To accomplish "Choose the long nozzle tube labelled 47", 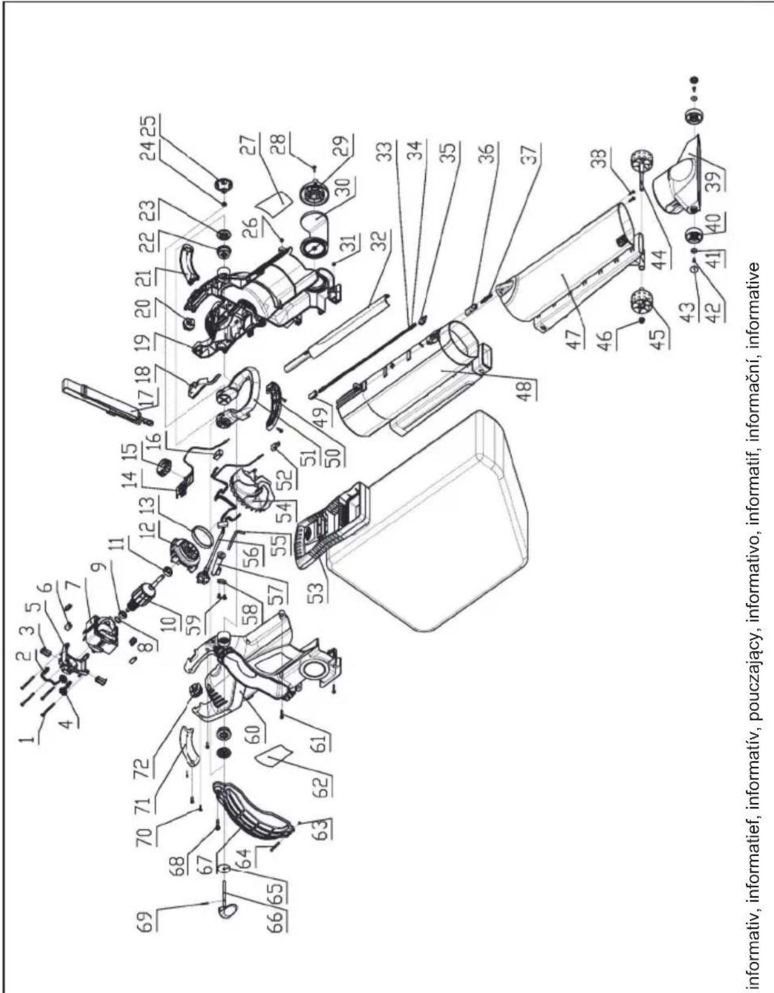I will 565,265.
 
